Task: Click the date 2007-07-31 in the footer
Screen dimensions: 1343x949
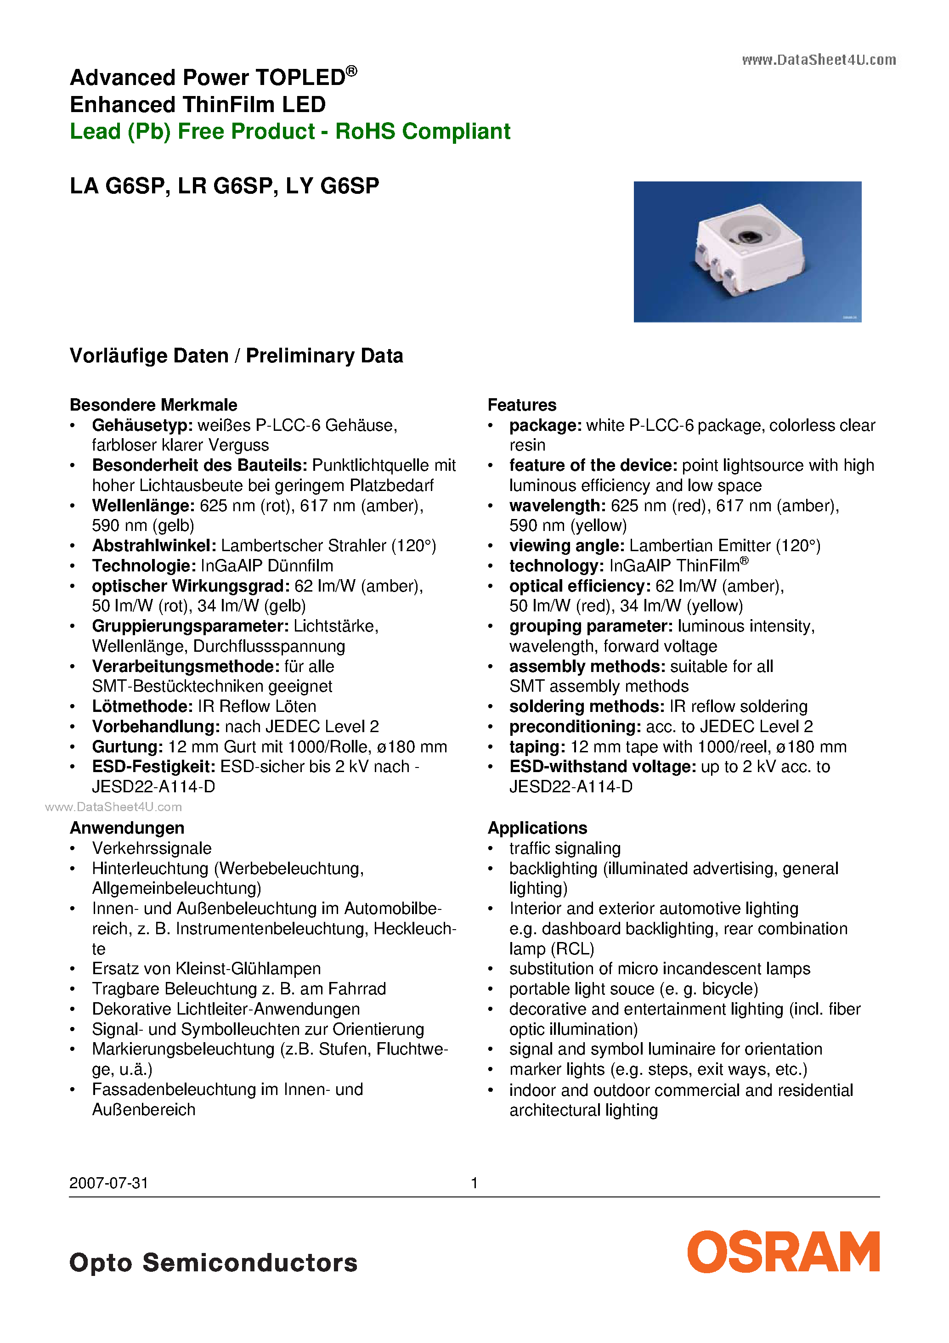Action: [109, 1183]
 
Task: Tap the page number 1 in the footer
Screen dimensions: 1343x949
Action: [474, 1183]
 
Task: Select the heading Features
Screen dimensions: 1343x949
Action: [522, 405]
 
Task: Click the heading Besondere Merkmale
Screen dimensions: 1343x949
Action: [153, 405]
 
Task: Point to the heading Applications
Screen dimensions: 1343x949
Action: [537, 828]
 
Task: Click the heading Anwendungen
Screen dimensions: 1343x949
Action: [127, 828]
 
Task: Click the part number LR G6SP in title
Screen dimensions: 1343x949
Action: [225, 186]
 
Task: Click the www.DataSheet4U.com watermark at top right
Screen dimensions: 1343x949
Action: [819, 60]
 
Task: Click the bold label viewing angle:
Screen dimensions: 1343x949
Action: [566, 546]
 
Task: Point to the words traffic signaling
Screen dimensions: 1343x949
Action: [565, 848]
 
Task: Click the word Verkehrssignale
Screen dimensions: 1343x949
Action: [152, 848]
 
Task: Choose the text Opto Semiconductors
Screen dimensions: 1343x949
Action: [213, 1262]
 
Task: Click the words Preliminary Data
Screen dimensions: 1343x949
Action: [324, 355]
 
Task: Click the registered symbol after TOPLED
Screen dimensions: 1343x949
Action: [351, 71]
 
